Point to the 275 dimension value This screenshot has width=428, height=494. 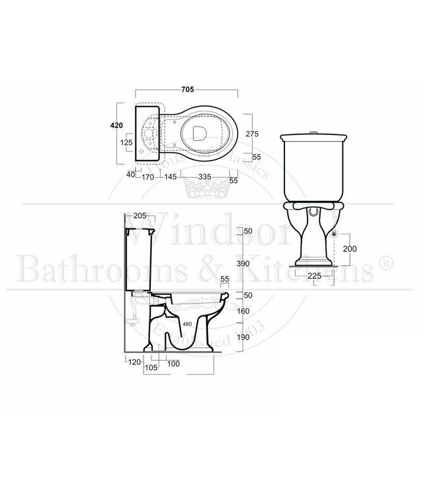point(252,134)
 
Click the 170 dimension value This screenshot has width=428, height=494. point(147,177)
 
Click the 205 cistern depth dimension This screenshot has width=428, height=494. point(140,215)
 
